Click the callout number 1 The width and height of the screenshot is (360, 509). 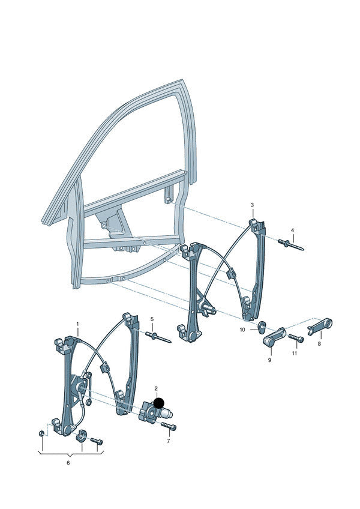point(77,324)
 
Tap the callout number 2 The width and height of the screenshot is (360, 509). point(156,388)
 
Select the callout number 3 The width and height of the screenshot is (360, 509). point(252,205)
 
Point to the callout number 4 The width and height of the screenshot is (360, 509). point(292,230)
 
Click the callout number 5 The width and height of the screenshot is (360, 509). point(152,319)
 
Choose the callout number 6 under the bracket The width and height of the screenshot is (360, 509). point(68,463)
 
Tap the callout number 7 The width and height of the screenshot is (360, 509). point(168,441)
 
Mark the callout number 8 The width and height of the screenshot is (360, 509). point(319,344)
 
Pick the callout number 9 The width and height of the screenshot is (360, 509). point(269,360)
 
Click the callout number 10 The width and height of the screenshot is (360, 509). point(242,330)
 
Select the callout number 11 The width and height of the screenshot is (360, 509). point(294,353)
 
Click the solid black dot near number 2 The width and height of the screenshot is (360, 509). point(159,403)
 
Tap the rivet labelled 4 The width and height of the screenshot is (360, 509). point(291,245)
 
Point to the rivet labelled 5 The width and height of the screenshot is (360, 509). point(158,337)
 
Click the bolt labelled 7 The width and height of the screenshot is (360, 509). point(168,426)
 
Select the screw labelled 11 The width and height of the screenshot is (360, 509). point(296,338)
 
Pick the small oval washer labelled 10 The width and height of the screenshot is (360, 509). point(262,325)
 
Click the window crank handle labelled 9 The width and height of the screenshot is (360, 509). point(274,337)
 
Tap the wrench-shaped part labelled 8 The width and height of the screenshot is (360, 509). point(320,327)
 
